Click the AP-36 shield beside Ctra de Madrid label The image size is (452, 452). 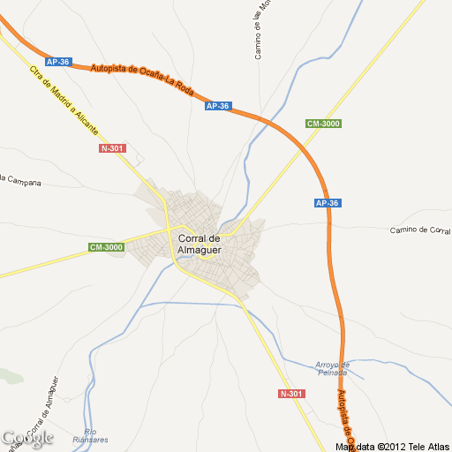click(x=58, y=62)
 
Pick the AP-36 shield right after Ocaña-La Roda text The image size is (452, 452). click(x=217, y=106)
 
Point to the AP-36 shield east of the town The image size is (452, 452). click(x=327, y=203)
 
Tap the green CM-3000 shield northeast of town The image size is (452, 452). click(x=323, y=124)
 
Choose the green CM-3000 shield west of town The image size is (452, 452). click(x=107, y=247)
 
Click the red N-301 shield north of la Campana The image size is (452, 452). click(x=112, y=148)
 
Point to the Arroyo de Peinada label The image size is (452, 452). click(x=333, y=368)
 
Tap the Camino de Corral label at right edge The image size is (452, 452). click(x=420, y=230)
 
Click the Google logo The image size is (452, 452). click(x=27, y=438)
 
